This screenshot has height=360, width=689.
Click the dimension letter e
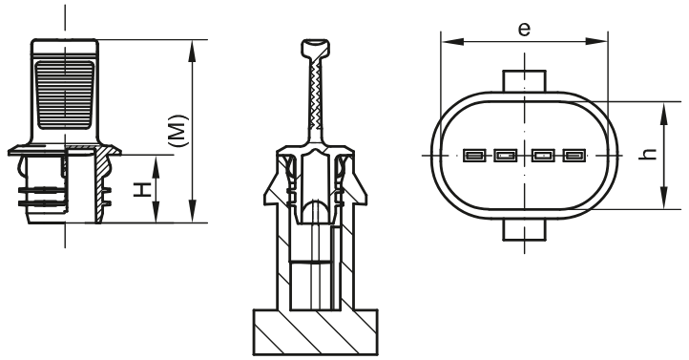(524, 28)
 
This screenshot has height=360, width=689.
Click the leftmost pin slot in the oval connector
(472, 156)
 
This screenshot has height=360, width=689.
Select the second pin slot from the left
(505, 156)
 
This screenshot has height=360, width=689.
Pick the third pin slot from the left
(542, 156)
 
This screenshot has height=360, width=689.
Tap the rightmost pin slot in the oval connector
(574, 156)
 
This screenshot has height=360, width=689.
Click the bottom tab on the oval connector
(523, 230)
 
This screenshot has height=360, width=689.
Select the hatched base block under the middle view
(314, 333)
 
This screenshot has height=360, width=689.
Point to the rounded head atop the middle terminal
(315, 49)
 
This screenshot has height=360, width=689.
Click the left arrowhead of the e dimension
(447, 42)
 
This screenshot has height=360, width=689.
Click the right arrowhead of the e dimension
(600, 42)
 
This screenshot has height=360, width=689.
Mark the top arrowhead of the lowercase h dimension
(663, 109)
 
